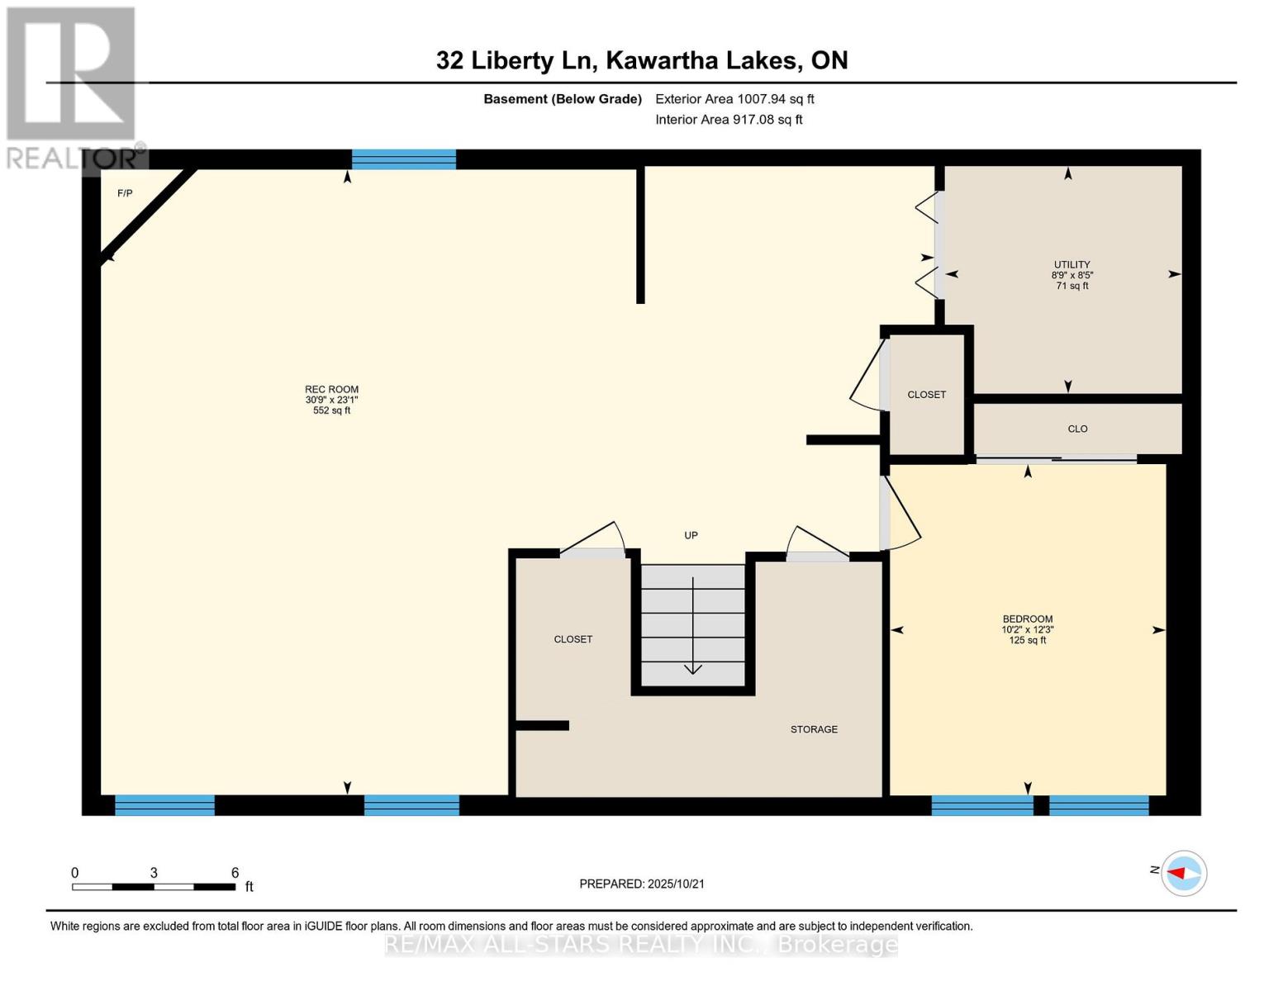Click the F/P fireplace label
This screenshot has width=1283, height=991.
[x=125, y=193]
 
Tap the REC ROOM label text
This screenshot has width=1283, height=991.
[x=331, y=390]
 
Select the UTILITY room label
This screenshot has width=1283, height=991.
[x=1072, y=265]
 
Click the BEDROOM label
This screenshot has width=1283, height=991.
[x=1027, y=619]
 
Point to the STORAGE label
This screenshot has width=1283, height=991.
[x=814, y=729]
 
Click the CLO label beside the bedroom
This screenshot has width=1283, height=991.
[x=1077, y=429]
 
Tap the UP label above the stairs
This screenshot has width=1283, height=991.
[x=691, y=535]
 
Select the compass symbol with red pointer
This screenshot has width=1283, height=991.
[x=1184, y=873]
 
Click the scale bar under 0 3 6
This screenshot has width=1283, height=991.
[x=154, y=887]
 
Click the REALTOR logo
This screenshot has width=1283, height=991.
[x=72, y=88]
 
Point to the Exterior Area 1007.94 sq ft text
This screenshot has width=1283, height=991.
[x=734, y=99]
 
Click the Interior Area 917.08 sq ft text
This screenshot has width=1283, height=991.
[x=729, y=120]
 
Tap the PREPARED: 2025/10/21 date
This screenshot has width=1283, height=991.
[x=641, y=884]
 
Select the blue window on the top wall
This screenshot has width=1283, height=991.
[x=403, y=159]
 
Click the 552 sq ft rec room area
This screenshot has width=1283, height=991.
[x=331, y=410]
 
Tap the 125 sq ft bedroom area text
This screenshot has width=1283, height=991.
[x=1027, y=640]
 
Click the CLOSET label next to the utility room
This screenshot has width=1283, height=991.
[x=926, y=395]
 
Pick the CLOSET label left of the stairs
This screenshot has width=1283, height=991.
[x=573, y=639]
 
